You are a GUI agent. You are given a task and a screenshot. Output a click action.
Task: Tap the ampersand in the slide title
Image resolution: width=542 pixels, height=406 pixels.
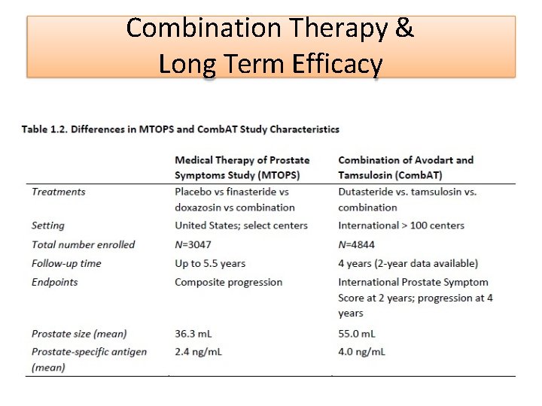404,29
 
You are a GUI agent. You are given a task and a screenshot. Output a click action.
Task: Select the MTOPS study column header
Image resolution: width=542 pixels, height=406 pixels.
242,168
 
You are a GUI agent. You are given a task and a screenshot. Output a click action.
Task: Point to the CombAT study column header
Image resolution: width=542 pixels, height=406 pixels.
406,168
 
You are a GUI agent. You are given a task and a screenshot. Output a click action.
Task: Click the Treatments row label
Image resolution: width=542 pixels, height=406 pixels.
59,192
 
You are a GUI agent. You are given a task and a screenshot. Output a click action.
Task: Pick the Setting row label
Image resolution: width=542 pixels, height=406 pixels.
48,226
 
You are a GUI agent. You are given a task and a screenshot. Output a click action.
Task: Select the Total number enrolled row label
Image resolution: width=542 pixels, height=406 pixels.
84,244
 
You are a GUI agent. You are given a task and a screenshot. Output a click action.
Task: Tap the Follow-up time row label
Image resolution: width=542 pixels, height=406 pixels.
66,263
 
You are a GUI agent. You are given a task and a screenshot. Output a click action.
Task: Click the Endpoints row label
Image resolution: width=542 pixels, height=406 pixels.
55,282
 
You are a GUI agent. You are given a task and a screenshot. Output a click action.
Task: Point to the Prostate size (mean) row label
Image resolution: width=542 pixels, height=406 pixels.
79,333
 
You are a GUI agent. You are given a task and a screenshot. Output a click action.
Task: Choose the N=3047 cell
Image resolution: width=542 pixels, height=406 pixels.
194,244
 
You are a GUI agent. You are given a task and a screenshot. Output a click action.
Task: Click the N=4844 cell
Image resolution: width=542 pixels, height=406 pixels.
358,244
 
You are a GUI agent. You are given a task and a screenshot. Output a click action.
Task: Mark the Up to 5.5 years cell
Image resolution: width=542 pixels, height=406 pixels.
210,263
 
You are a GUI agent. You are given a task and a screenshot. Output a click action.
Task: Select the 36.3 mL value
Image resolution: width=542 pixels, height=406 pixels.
196,333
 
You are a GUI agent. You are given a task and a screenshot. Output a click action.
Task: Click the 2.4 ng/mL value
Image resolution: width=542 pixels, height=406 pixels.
199,351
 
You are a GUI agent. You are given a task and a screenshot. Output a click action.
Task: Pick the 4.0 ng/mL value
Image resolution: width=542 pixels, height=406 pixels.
362,351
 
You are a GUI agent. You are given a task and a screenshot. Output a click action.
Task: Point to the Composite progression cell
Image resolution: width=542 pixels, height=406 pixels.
229,282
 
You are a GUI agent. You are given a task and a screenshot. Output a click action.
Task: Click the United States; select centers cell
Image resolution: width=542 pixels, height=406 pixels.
242,226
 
